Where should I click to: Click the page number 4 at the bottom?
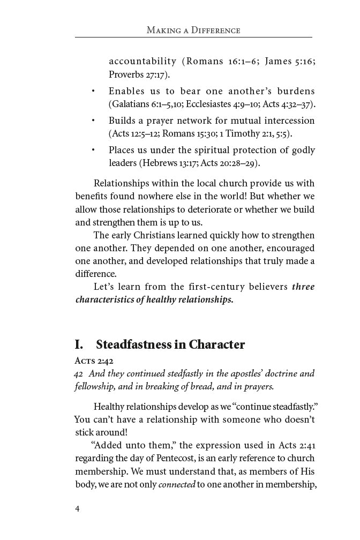tap(77, 508)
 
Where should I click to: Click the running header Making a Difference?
tap(193, 30)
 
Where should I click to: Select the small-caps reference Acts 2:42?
tap(94, 361)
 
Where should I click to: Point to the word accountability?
tap(142, 61)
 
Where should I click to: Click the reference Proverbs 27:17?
tap(139, 74)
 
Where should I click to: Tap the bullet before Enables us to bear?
tap(94, 91)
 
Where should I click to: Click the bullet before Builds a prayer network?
tap(94, 121)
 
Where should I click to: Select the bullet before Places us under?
tap(94, 150)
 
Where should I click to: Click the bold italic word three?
tap(303, 287)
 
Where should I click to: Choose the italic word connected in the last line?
tap(177, 485)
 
